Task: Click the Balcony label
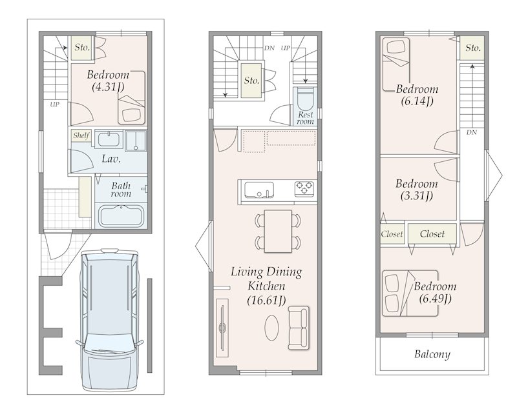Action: pos(432,355)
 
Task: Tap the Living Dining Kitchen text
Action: pos(266,279)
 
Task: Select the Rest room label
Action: pos(305,118)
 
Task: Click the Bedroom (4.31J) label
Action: pos(108,81)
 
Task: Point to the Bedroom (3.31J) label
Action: pos(417,190)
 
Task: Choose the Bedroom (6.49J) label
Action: pos(435,292)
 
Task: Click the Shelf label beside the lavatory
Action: pos(81,135)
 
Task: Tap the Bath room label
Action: pos(121,190)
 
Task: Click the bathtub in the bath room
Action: pos(121,215)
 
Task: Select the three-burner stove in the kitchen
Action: pos(304,189)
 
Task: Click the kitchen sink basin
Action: pos(259,190)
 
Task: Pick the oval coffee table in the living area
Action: pos(271,328)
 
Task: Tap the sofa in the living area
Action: pos(299,328)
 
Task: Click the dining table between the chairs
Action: pos(278,231)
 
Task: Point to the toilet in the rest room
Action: pos(305,100)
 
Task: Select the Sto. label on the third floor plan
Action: pos(473,48)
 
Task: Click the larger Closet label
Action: pos(432,234)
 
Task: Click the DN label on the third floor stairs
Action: pos(472,132)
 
